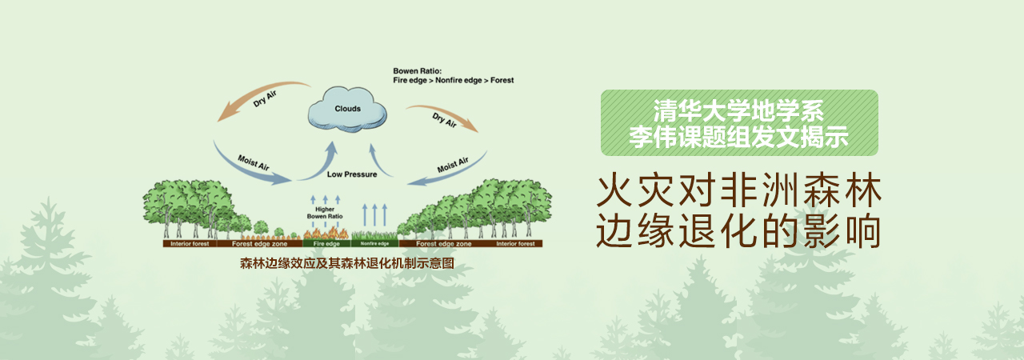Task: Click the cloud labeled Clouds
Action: (347, 109)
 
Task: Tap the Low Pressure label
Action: (352, 174)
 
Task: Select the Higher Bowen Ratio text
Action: (325, 213)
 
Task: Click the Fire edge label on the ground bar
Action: (326, 244)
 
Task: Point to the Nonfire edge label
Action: (374, 244)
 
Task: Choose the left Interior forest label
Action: (190, 244)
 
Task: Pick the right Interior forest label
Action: (516, 244)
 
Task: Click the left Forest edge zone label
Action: (260, 244)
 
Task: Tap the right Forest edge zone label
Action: (444, 244)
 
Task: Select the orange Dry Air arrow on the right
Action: (446, 114)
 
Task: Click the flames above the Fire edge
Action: (326, 234)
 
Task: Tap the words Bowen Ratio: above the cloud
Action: (418, 71)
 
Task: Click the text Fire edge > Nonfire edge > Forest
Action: (454, 81)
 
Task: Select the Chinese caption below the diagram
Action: (347, 264)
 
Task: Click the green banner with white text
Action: (739, 123)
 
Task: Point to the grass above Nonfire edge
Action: (375, 235)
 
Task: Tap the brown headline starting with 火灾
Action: (738, 211)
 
